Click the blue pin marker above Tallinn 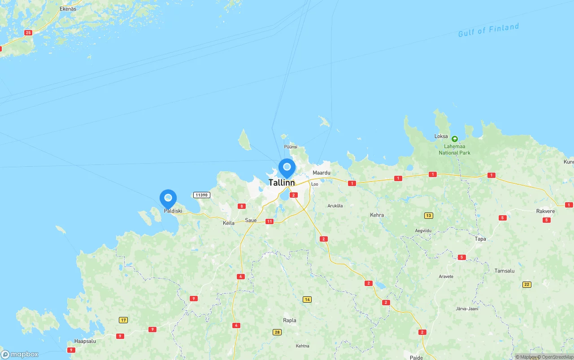(287, 168)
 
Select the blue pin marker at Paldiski (168, 198)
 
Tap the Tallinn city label (282, 182)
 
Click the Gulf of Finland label (488, 30)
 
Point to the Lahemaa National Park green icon (454, 139)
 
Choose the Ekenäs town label (68, 9)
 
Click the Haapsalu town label (85, 341)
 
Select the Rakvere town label (545, 211)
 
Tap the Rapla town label (289, 321)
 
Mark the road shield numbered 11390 (201, 195)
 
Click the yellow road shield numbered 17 (123, 320)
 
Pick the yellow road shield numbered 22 (527, 285)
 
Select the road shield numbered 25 (29, 33)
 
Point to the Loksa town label (441, 136)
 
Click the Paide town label (416, 357)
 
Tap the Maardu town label (321, 173)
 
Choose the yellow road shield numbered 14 (307, 299)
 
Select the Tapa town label (480, 239)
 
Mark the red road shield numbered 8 (242, 206)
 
